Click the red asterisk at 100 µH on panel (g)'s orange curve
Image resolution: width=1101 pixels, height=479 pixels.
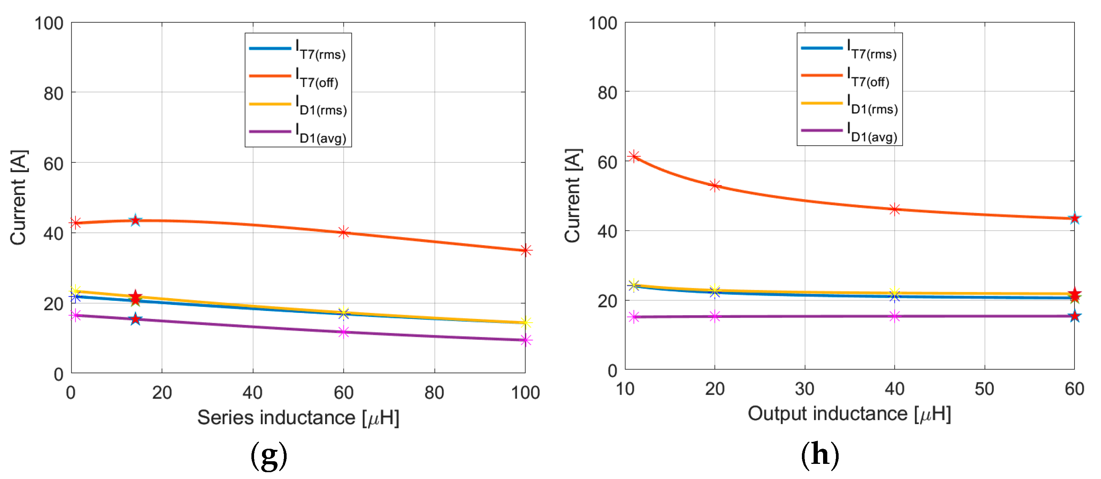526,250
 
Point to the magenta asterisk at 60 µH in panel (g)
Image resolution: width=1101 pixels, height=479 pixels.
344,332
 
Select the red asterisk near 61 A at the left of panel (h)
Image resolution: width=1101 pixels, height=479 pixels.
634,156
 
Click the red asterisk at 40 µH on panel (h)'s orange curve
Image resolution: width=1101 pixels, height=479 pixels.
895,209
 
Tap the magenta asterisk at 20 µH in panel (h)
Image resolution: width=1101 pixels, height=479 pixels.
714,316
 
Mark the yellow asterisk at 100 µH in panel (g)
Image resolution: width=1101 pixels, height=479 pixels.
526,323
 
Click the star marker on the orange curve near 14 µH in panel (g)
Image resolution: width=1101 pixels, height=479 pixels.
136,221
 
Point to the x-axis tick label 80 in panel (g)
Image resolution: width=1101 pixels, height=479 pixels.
434,393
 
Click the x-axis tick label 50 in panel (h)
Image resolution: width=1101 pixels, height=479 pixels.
984,389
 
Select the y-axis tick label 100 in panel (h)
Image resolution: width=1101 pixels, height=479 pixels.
603,23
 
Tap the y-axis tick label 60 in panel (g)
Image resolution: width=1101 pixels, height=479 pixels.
53,164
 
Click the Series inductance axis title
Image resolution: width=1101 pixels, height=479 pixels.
298,417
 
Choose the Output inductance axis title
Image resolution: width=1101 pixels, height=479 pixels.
849,414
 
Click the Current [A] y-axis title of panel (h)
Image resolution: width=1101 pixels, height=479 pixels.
573,196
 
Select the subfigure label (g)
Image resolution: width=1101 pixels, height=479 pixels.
268,456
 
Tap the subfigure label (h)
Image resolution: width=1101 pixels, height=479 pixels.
819,455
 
